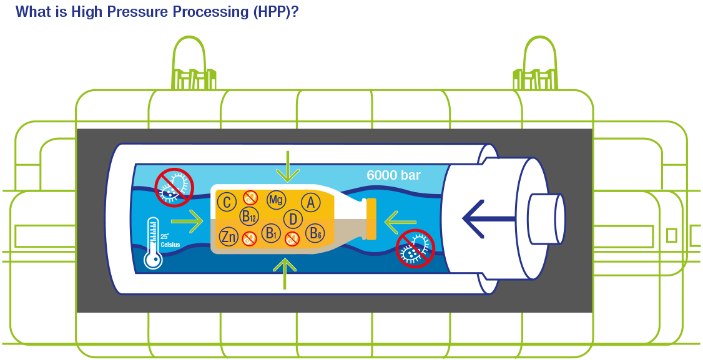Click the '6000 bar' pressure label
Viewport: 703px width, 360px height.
tap(393, 175)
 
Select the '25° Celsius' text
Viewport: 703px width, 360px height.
tap(170, 241)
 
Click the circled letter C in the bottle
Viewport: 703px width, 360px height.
tap(227, 202)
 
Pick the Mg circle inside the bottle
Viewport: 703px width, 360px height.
tap(276, 200)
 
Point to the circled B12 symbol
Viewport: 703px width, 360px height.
tap(248, 217)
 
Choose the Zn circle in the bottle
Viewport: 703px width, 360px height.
tap(228, 237)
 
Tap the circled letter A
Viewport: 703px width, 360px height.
tap(310, 202)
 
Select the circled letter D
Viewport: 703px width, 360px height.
tap(293, 219)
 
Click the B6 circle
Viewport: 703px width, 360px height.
tap(315, 235)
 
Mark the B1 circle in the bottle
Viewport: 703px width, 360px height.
tap(270, 233)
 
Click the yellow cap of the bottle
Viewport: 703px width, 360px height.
tap(371, 219)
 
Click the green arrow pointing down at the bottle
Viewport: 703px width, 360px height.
tap(287, 166)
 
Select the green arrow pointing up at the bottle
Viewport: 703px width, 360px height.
tap(285, 273)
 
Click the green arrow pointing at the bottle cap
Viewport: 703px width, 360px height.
tap(400, 220)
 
